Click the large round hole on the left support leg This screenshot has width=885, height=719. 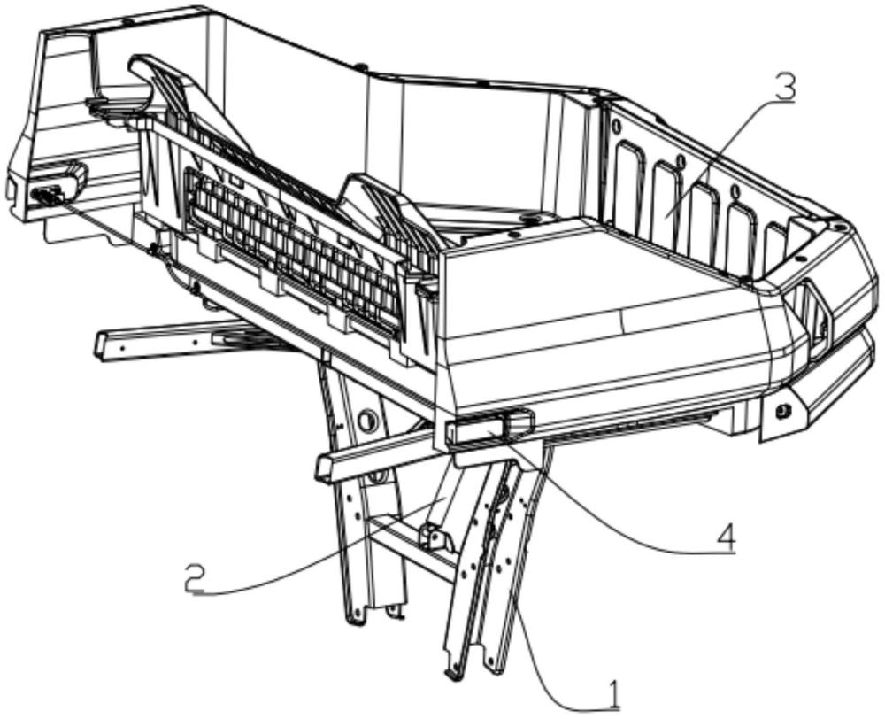(366, 420)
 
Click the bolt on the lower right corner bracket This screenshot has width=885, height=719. (783, 411)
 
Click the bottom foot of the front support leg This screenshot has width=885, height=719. (450, 673)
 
